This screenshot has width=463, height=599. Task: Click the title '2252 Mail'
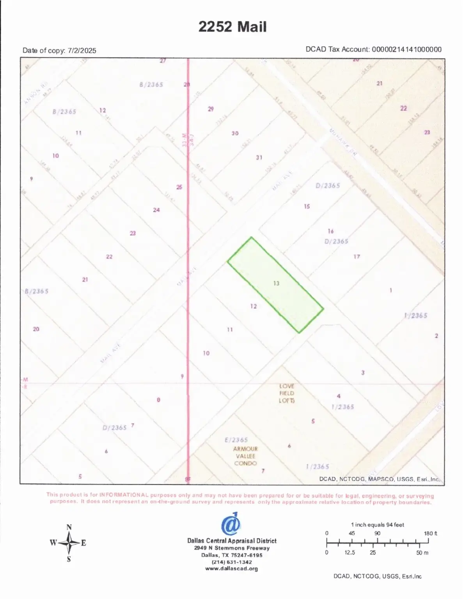pyautogui.click(x=232, y=27)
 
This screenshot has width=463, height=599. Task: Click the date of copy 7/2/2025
pyautogui.click(x=82, y=51)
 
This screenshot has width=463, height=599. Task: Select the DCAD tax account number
pyautogui.click(x=406, y=50)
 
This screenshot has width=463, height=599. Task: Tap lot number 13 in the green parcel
pyautogui.click(x=276, y=283)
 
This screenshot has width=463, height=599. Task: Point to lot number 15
pyautogui.click(x=307, y=206)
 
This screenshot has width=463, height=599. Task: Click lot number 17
pyautogui.click(x=357, y=257)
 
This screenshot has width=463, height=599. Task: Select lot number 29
pyautogui.click(x=211, y=109)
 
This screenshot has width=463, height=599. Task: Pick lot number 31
pyautogui.click(x=259, y=158)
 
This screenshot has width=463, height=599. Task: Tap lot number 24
pyautogui.click(x=156, y=210)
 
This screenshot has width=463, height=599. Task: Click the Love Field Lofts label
pyautogui.click(x=287, y=393)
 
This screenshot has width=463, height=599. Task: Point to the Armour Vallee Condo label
pyautogui.click(x=245, y=456)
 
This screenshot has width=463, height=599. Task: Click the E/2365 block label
pyautogui.click(x=236, y=440)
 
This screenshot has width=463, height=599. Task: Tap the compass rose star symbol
pyautogui.click(x=69, y=543)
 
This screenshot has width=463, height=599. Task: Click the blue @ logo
pyautogui.click(x=231, y=524)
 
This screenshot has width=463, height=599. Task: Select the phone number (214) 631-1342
pyautogui.click(x=232, y=562)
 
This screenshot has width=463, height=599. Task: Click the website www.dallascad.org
pyautogui.click(x=232, y=569)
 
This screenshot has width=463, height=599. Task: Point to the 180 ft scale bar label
pyautogui.click(x=430, y=533)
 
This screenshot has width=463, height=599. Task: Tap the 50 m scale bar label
pyautogui.click(x=422, y=553)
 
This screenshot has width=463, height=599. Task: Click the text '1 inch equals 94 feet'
pyautogui.click(x=377, y=525)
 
